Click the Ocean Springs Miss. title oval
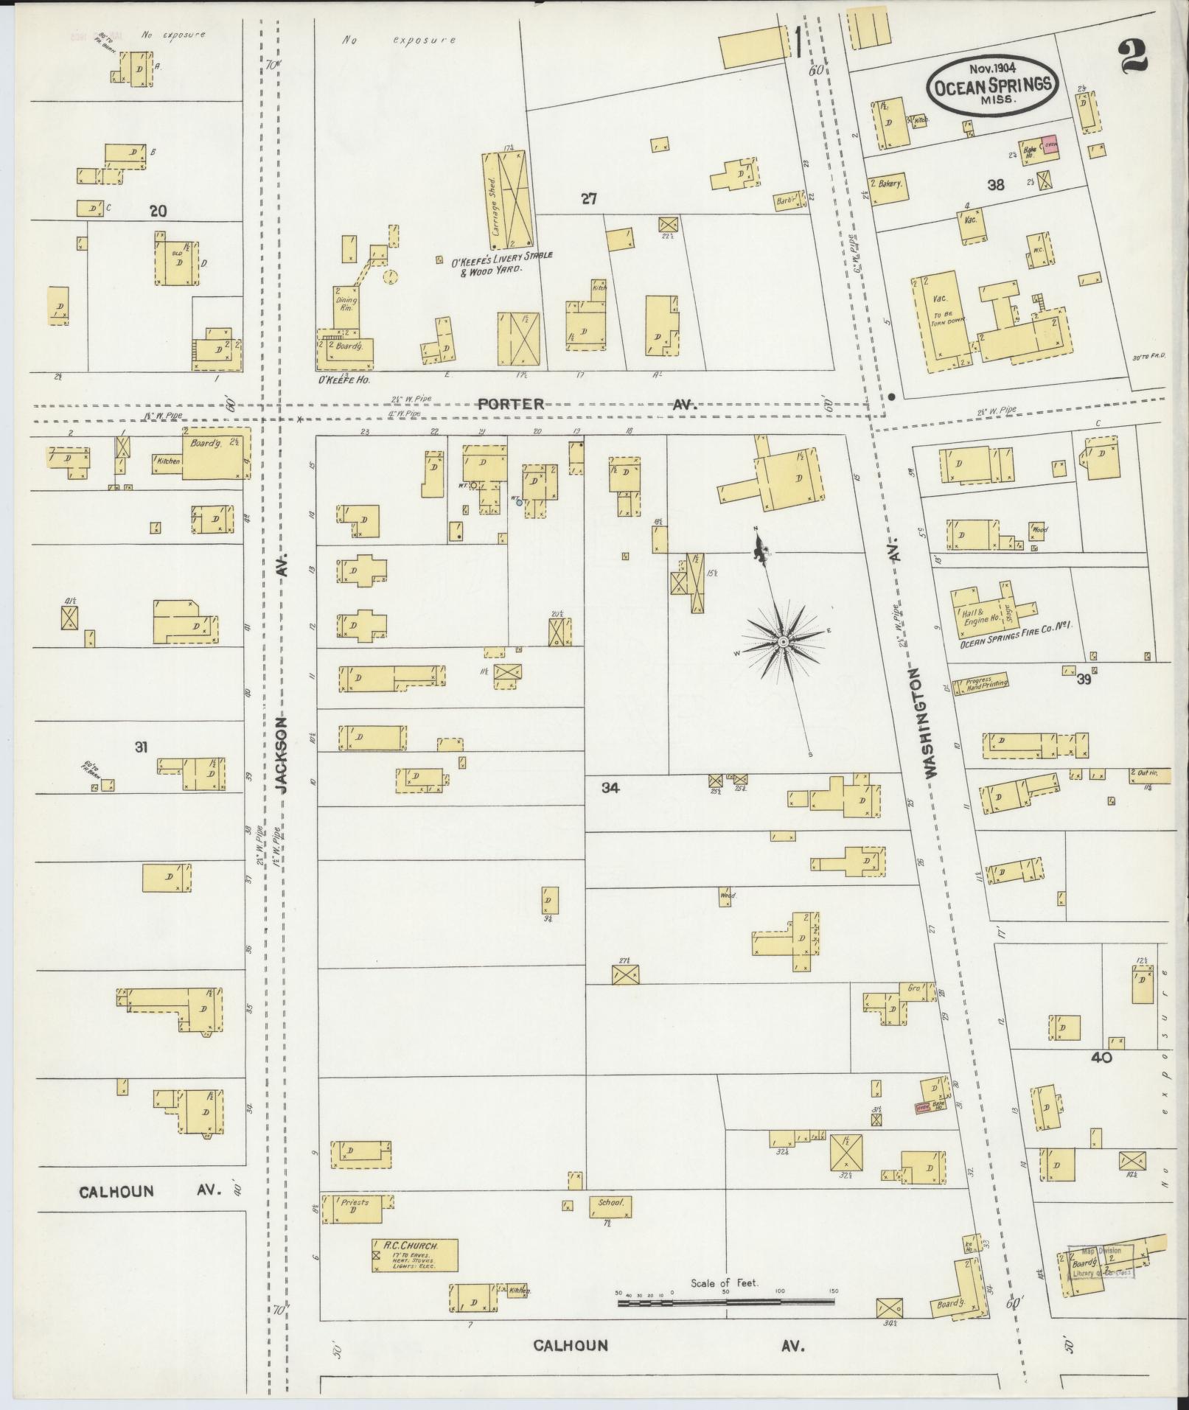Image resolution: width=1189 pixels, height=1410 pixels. click(992, 85)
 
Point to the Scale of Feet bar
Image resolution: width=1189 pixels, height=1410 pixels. click(726, 1302)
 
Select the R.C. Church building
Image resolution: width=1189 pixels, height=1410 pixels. click(415, 1255)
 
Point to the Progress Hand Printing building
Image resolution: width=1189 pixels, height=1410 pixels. click(981, 683)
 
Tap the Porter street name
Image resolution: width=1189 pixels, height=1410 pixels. click(511, 405)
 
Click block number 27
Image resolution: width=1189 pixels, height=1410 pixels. click(587, 198)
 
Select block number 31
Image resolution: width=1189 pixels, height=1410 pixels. click(141, 747)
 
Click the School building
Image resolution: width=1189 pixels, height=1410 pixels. click(610, 1207)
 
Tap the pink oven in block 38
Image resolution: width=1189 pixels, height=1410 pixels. click(1050, 144)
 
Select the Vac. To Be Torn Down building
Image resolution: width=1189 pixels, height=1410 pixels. click(939, 318)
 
